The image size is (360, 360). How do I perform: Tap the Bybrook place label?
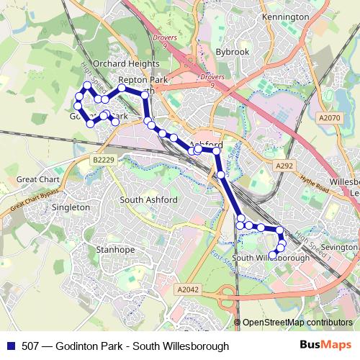pyautogui.click(x=233, y=52)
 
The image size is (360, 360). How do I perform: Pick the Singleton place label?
pyautogui.click(x=71, y=207)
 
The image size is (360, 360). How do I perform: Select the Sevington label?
pyautogui.click(x=338, y=246)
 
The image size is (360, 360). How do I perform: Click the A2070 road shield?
pyautogui.click(x=328, y=117)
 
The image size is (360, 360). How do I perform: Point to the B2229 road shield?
pyautogui.click(x=104, y=159)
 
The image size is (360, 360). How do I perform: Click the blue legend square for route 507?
pyautogui.click(x=9, y=346)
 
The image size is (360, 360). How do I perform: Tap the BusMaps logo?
pyautogui.click(x=325, y=345)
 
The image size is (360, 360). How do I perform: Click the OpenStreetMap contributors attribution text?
pyautogui.click(x=297, y=323)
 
